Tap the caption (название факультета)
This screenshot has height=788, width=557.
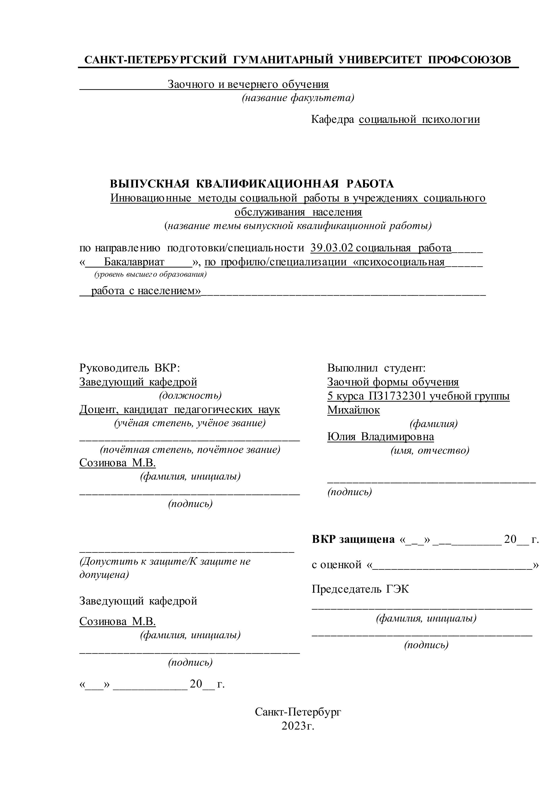(x=298, y=98)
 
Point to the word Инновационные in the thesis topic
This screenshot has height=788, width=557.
(x=151, y=198)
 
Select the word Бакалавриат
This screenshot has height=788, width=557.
(x=134, y=262)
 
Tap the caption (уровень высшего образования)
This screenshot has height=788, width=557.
(x=150, y=275)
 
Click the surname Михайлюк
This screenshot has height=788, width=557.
(x=353, y=410)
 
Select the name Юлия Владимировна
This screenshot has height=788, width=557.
(x=380, y=437)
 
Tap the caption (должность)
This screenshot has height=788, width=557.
(x=190, y=396)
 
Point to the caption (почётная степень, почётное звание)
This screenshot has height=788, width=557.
(x=190, y=450)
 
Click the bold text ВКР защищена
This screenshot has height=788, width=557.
(x=353, y=540)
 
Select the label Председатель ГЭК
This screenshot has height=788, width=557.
(x=360, y=589)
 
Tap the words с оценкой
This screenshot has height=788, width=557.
(x=336, y=565)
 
